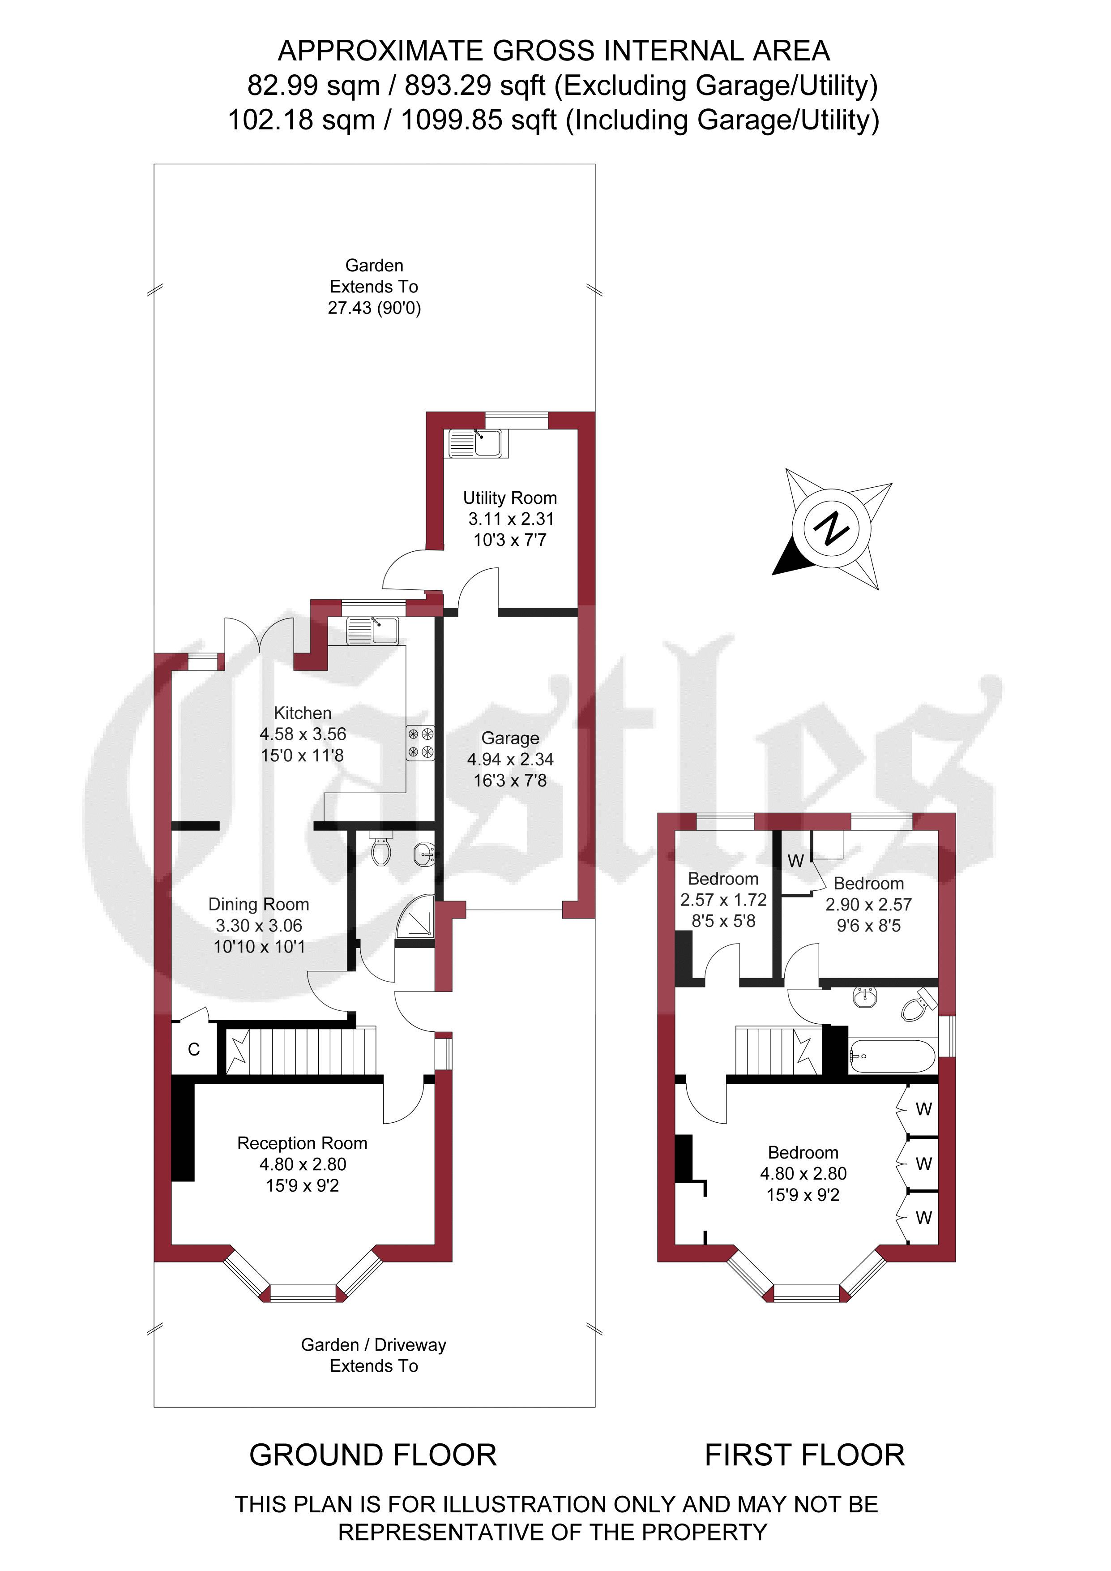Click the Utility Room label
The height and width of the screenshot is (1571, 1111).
coord(510,498)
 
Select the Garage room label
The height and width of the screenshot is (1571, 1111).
coord(510,738)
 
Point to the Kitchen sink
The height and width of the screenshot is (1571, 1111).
coord(373,630)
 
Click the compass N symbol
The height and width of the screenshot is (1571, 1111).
coord(831,528)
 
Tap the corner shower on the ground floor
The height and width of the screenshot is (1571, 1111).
coord(415,916)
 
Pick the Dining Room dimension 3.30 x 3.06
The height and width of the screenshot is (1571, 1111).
coord(259,925)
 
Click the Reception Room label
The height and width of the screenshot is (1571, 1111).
coord(303,1143)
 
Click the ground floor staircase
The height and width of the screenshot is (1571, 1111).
coord(301,1050)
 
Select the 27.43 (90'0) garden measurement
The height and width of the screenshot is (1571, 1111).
coord(374,308)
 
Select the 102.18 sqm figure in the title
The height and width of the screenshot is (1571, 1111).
coord(302,120)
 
